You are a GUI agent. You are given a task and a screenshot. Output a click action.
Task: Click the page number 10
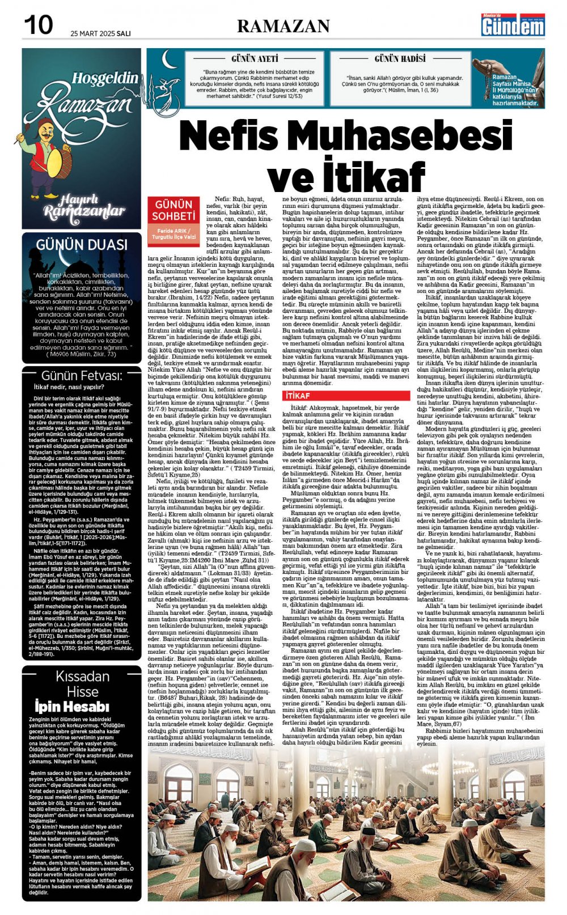pyautogui.click(x=38, y=24)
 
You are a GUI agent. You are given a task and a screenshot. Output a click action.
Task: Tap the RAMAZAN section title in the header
pyautogui.click(x=283, y=26)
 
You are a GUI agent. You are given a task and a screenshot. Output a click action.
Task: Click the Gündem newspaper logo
pyautogui.click(x=513, y=25)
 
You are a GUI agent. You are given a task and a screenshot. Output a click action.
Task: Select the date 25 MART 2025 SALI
pyautogui.click(x=100, y=33)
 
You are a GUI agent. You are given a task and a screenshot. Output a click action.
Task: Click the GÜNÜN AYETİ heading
pyautogui.click(x=255, y=59)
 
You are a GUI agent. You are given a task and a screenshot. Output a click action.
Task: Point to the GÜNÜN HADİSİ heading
pyautogui.click(x=400, y=59)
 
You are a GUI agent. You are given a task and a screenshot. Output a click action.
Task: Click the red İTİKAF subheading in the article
pyautogui.click(x=298, y=395)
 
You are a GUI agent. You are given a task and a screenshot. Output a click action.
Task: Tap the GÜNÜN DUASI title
pyautogui.click(x=82, y=245)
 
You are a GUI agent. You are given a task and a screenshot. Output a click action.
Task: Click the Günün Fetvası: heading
pyautogui.click(x=82, y=376)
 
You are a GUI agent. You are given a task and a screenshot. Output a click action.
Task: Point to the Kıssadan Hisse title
pyautogui.click(x=82, y=684)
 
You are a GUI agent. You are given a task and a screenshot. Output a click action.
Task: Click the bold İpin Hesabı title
pyautogui.click(x=71, y=707)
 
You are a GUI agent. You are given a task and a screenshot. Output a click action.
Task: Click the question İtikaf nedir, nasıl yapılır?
pyautogui.click(x=69, y=388)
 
